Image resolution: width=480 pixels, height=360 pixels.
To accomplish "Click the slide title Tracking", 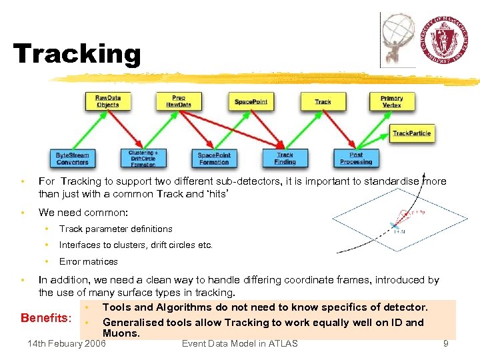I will (x=77, y=54).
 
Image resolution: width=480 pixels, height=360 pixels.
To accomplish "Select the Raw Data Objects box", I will (x=107, y=101).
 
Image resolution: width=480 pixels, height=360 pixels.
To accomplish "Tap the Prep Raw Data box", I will (x=178, y=101).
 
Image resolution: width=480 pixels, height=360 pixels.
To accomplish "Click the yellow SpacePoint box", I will (x=251, y=101).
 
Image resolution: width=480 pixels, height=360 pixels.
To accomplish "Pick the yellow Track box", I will (x=323, y=101).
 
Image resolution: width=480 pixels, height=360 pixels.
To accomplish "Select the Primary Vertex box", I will (x=392, y=101).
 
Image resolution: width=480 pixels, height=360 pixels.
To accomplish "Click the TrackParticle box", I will (x=411, y=133).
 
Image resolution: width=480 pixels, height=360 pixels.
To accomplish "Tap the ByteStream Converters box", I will (x=72, y=158).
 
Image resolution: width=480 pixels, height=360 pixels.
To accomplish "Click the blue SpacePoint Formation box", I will (x=214, y=158).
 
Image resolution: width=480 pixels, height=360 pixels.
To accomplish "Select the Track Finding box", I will (x=285, y=158).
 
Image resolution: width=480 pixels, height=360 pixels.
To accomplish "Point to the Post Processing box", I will (x=356, y=158).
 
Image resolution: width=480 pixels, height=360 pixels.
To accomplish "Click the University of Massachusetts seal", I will (x=447, y=39).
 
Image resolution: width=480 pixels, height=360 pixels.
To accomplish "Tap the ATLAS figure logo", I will (x=399, y=39).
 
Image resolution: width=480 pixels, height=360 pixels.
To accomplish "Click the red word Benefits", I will (x=45, y=317).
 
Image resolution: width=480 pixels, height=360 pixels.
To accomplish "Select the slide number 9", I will (x=445, y=343).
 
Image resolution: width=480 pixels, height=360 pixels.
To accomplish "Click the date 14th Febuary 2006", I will (x=66, y=343).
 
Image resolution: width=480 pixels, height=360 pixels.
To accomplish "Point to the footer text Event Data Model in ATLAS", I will (x=239, y=343).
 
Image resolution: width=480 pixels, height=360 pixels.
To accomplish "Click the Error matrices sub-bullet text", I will (x=88, y=261).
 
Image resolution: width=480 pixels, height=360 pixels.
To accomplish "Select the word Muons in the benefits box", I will (x=121, y=333).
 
